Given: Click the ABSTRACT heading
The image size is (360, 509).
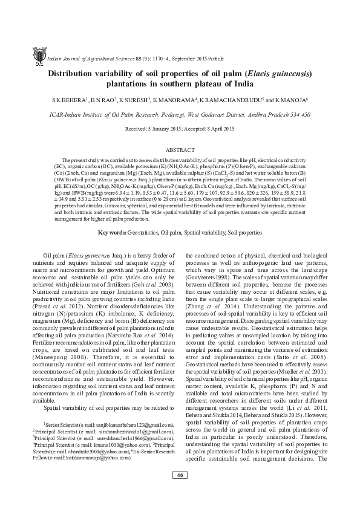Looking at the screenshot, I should [180, 148].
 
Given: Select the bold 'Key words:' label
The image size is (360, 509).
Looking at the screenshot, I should [114, 215].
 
